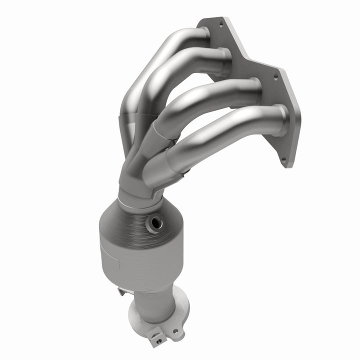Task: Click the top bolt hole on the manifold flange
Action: (220, 23)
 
